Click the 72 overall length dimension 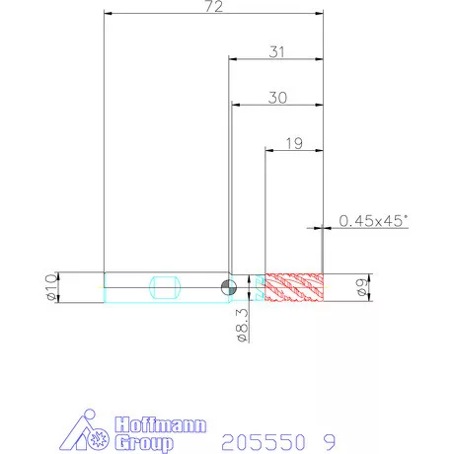[214, 7]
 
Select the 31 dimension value [276, 52]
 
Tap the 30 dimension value [277, 98]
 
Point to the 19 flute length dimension [294, 143]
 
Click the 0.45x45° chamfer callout [373, 221]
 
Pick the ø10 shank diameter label [51, 287]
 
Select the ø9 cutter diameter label [361, 287]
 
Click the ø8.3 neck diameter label [243, 325]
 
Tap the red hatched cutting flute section [294, 287]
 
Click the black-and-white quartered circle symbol [229, 287]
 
